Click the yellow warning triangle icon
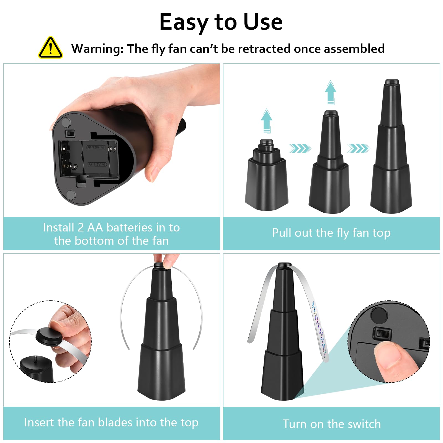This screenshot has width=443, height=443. point(50,48)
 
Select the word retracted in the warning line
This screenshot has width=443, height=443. point(264,49)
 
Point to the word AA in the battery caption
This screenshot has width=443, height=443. point(95,227)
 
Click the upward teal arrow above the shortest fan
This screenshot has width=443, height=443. point(266,120)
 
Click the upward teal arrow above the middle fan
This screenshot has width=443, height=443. point(331,92)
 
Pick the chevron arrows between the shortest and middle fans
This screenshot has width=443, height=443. point(300,148)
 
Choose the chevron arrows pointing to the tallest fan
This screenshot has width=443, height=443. point(359,148)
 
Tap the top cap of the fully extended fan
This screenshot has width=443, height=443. point(391,82)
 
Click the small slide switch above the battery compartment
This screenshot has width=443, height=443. point(70,133)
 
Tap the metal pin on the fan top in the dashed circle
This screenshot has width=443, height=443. point(36,359)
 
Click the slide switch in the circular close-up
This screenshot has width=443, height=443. point(382,334)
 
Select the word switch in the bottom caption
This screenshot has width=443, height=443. point(364,424)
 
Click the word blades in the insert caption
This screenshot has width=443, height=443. point(115,422)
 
